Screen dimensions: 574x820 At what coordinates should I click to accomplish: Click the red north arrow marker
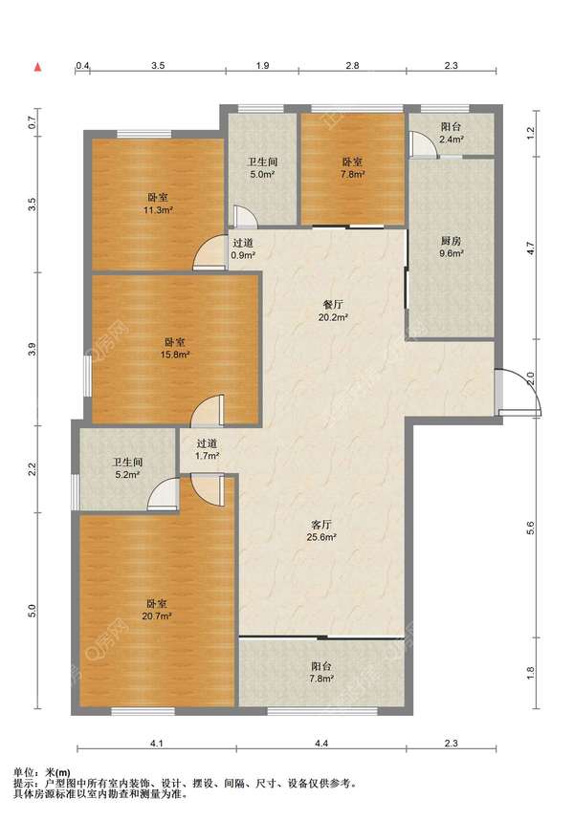coord(37,67)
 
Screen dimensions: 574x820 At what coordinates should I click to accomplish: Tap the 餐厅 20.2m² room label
coord(333,311)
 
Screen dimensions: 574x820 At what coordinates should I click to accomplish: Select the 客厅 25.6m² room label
coord(321,530)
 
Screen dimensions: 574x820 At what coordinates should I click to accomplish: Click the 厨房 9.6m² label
coord(451,248)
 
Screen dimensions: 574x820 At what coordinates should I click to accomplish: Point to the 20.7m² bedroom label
coord(157,609)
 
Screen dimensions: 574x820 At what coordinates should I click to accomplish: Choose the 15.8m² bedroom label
coord(175,348)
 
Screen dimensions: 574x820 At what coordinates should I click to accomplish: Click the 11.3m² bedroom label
coord(158,204)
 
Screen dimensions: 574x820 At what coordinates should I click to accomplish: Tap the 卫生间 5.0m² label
coord(262,168)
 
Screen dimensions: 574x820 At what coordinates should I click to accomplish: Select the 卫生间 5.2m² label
coord(127,468)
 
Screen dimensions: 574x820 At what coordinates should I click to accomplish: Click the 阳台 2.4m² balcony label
coord(451,133)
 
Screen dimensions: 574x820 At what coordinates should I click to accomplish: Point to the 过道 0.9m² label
coord(243,248)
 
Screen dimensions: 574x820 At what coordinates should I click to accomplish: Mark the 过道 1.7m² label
coord(207,449)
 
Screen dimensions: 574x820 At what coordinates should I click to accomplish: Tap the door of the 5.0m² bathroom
coord(243,217)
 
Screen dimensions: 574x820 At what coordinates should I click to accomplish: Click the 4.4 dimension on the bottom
coord(320,744)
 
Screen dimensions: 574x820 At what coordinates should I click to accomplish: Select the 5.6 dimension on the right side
coord(531,528)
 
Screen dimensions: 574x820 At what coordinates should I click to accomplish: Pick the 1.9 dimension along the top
coord(263,65)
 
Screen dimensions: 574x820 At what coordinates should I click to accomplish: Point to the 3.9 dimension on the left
coord(33,350)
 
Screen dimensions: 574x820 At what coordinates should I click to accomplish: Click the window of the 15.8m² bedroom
coord(87,376)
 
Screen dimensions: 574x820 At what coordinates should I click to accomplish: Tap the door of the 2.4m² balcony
coord(423,145)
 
